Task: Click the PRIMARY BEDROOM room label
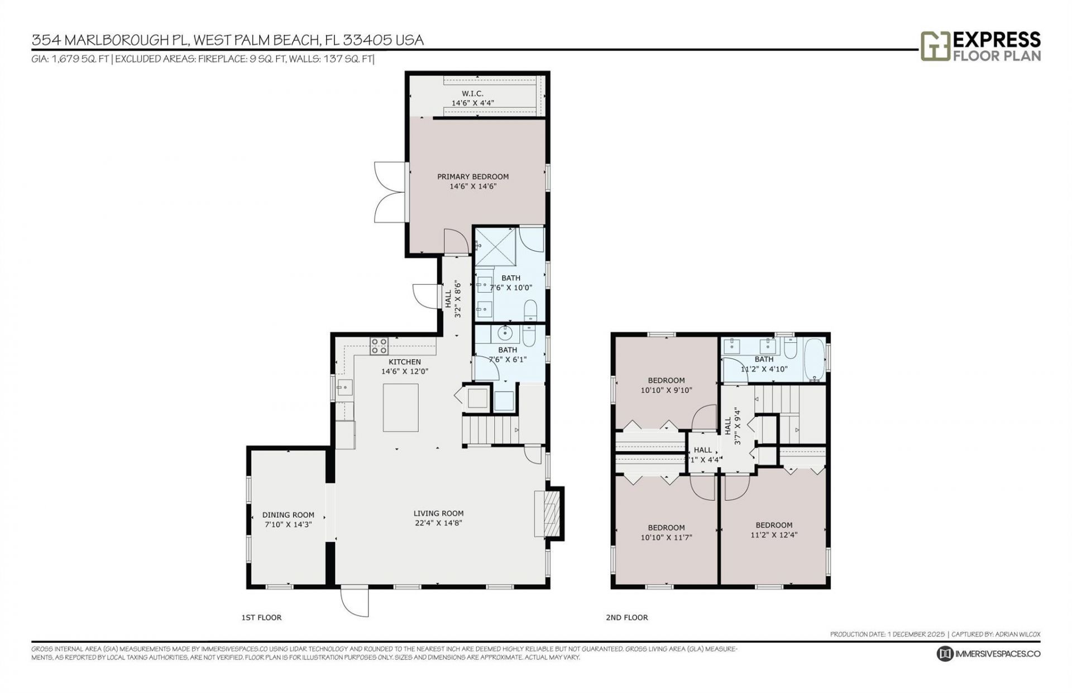click(x=472, y=176)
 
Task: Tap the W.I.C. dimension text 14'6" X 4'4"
click(x=472, y=103)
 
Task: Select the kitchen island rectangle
click(x=400, y=408)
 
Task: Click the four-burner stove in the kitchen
click(x=379, y=346)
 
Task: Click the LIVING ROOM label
click(x=438, y=513)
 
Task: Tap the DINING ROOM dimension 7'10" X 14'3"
click(x=288, y=524)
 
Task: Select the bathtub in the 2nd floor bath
click(x=813, y=359)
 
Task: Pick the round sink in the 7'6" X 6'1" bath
click(x=505, y=334)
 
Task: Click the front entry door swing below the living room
click(x=354, y=602)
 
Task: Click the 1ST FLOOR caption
click(x=261, y=617)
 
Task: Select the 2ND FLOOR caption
click(x=626, y=617)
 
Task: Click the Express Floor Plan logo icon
click(x=935, y=46)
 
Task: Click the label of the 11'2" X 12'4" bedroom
click(x=774, y=525)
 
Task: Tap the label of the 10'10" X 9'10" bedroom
click(x=666, y=380)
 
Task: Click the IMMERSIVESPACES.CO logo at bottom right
click(x=988, y=653)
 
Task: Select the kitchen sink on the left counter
click(x=344, y=387)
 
